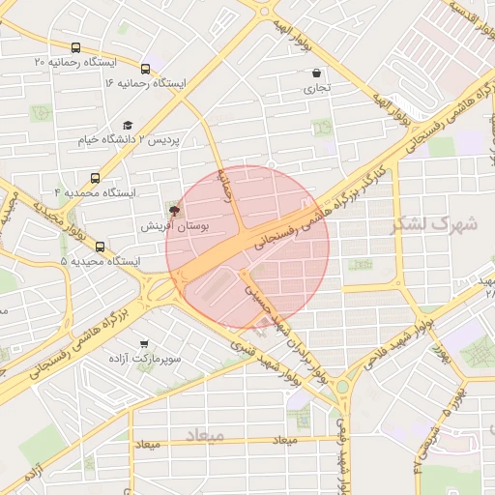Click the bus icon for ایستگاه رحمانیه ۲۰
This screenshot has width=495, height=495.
pyautogui.click(x=76, y=48)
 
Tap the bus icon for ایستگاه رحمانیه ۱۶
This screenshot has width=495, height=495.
pyautogui.click(x=145, y=69)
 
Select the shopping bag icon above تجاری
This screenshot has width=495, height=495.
pyautogui.click(x=316, y=73)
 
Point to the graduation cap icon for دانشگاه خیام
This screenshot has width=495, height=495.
pyautogui.click(x=129, y=125)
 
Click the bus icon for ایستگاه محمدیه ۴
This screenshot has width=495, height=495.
pyautogui.click(x=95, y=178)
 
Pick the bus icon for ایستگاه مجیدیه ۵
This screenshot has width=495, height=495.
pyautogui.click(x=101, y=246)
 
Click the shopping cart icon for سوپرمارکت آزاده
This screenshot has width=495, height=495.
pyautogui.click(x=145, y=343)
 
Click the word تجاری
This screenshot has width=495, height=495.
pyautogui.click(x=316, y=88)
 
